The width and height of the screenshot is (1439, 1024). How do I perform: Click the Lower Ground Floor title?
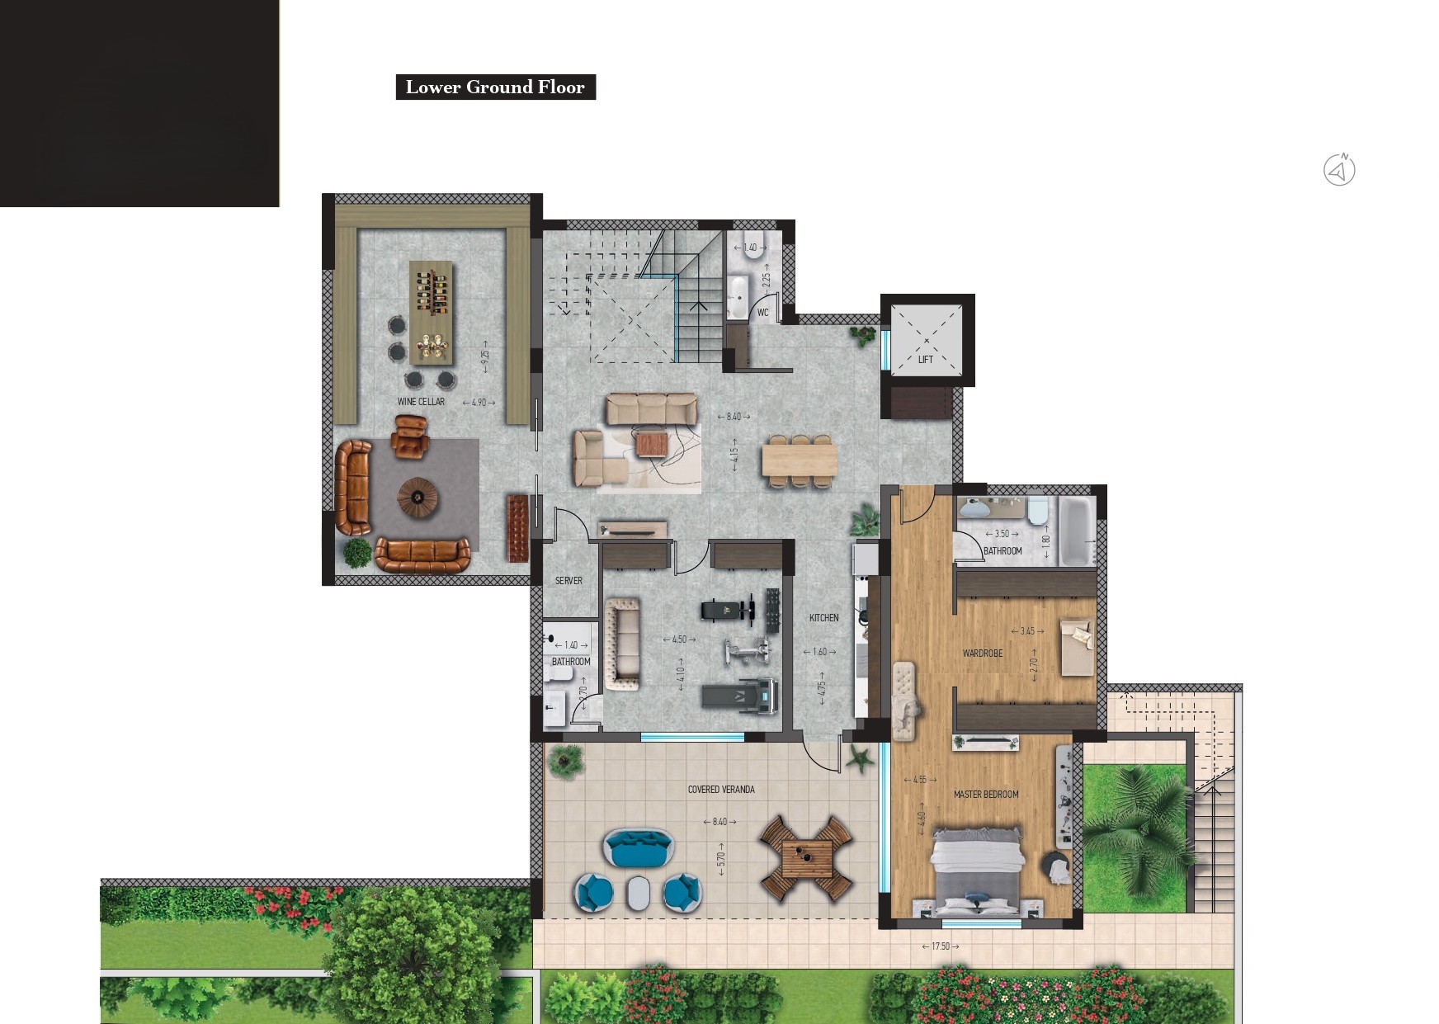point(495,87)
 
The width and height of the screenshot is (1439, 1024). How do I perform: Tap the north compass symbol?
point(1339,170)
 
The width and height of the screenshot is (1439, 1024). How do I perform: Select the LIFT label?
point(926,360)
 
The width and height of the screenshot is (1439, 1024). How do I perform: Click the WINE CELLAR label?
point(421,402)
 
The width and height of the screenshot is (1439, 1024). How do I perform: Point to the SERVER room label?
point(569,581)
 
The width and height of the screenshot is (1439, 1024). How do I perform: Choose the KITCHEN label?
point(823,618)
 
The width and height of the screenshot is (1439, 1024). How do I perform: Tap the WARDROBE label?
point(983,654)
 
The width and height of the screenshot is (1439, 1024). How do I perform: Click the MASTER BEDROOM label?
point(986,795)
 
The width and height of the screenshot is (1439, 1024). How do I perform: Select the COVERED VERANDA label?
point(721,790)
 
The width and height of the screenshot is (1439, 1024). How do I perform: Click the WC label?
point(763,313)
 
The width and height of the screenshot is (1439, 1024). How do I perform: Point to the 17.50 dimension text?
point(941,946)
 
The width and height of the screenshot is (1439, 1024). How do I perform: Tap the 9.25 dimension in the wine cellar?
point(485,356)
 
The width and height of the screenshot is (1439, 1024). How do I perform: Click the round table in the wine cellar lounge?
point(418,497)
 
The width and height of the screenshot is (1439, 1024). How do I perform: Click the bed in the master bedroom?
point(978,873)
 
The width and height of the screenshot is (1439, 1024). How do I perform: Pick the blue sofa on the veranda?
point(639,848)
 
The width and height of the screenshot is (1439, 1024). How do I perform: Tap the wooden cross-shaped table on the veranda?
point(806,859)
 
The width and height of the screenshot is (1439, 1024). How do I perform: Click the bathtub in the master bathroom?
point(1077,531)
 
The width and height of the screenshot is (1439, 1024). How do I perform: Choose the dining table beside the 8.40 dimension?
point(800,460)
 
